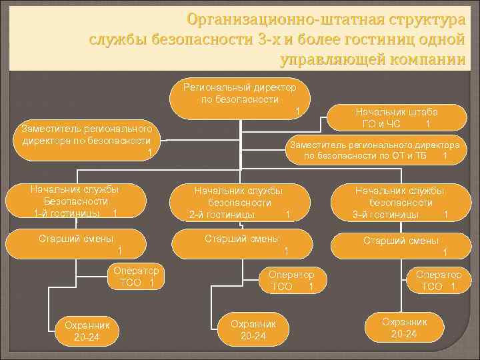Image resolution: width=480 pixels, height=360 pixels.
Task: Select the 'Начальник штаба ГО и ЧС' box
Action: tap(396, 117)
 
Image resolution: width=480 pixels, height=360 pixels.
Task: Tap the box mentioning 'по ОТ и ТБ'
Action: tap(375, 150)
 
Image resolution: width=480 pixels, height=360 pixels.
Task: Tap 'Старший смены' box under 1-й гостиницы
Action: tap(75, 243)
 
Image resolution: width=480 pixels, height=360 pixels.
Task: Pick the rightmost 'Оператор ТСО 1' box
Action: tap(438, 280)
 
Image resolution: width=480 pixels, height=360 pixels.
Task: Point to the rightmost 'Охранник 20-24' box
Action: tap(405, 327)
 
